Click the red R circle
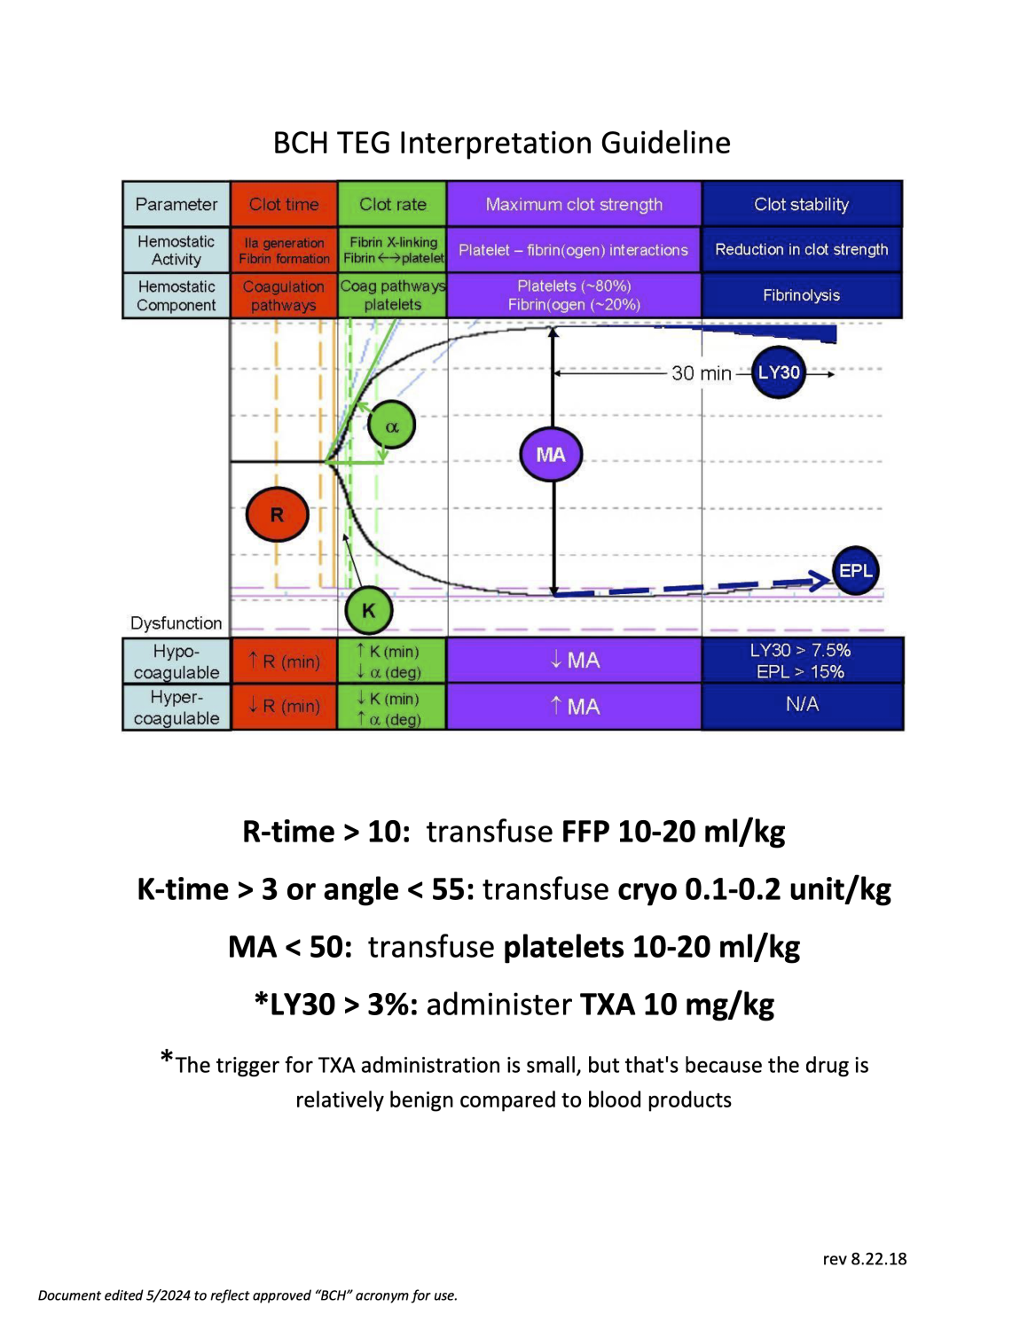pyautogui.click(x=277, y=514)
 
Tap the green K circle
pyautogui.click(x=368, y=610)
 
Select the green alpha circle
pyautogui.click(x=391, y=426)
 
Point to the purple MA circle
pyautogui.click(x=551, y=454)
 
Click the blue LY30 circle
pyautogui.click(x=779, y=372)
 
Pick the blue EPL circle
pyautogui.click(x=855, y=571)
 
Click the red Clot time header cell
pyautogui.click(x=284, y=204)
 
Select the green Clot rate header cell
pyautogui.click(x=392, y=204)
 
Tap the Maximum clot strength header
pyautogui.click(x=574, y=204)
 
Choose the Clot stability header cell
pyautogui.click(x=801, y=204)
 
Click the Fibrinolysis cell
pyautogui.click(x=801, y=295)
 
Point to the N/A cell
pyautogui.click(x=802, y=705)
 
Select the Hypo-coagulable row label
pyautogui.click(x=177, y=661)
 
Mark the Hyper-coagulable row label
pyautogui.click(x=177, y=708)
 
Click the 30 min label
pyautogui.click(x=701, y=373)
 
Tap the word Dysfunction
pyautogui.click(x=176, y=623)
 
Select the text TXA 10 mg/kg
pyautogui.click(x=677, y=1005)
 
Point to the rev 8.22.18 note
pyautogui.click(x=864, y=1259)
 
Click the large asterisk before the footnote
pyautogui.click(x=167, y=1057)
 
